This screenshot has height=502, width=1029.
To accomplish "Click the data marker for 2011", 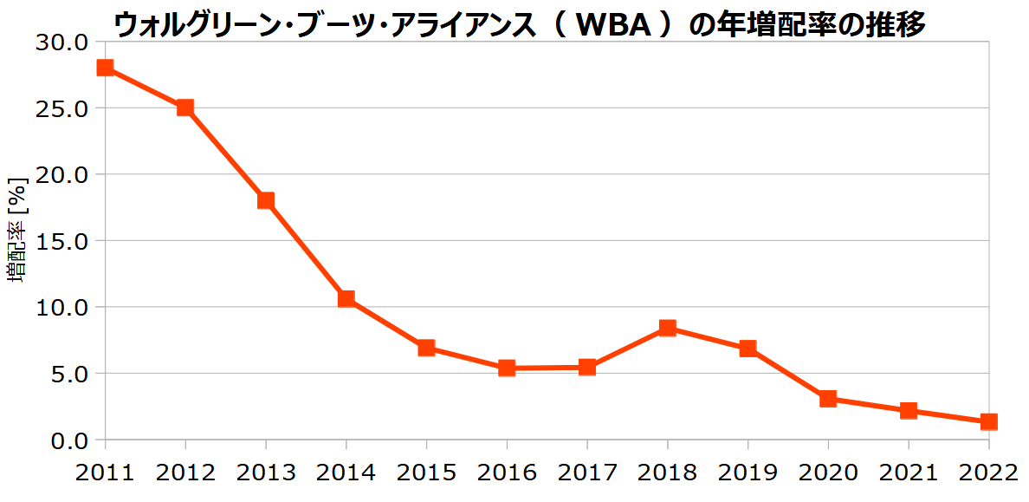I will coord(105,68).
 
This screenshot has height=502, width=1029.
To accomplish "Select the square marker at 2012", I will coord(184,108).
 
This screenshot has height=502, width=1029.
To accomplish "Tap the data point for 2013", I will coord(265,200).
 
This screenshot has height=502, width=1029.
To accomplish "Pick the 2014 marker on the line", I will coord(346,299).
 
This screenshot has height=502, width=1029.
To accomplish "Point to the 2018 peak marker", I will coord(667,328).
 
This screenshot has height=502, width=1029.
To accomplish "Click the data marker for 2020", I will coord(827,399).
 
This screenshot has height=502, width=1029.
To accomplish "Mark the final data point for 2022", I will coord(988,422).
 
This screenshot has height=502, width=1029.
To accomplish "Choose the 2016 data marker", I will coord(507,368).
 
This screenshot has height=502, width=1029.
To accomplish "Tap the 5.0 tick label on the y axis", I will coord(70,374).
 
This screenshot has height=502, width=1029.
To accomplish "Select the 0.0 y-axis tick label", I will coord(70,440).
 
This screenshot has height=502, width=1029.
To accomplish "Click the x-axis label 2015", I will coord(426,473).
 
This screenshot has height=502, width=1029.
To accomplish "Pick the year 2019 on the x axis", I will coord(747,473).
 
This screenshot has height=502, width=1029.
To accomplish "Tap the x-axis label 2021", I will coord(908,473).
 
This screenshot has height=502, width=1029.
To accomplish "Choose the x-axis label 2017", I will coord(586,473).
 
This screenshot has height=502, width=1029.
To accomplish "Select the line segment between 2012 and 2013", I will coord(225,154).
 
